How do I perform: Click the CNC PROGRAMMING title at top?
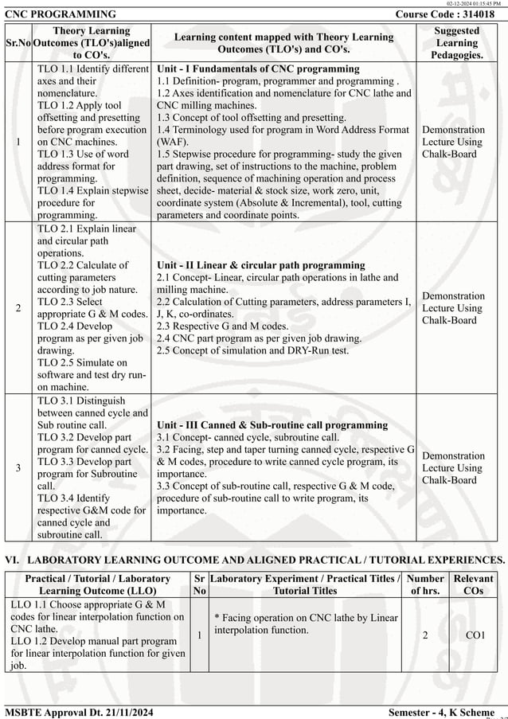pyautogui.click(x=61, y=14)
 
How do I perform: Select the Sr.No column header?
pyautogui.click(x=18, y=42)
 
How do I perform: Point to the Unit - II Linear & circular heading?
pyautogui.click(x=260, y=265)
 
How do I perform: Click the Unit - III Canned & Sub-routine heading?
pyautogui.click(x=272, y=425)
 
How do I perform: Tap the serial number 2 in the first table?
pyautogui.click(x=18, y=308)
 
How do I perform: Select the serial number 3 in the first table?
pyautogui.click(x=18, y=468)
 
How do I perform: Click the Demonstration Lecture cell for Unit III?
pyautogui.click(x=452, y=467)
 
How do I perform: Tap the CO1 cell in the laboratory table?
pyautogui.click(x=475, y=635)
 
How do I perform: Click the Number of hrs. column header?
pyautogui.click(x=424, y=584)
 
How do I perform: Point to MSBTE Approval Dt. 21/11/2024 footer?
pyautogui.click(x=79, y=711)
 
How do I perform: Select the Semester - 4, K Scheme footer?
pyautogui.click(x=441, y=711)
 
